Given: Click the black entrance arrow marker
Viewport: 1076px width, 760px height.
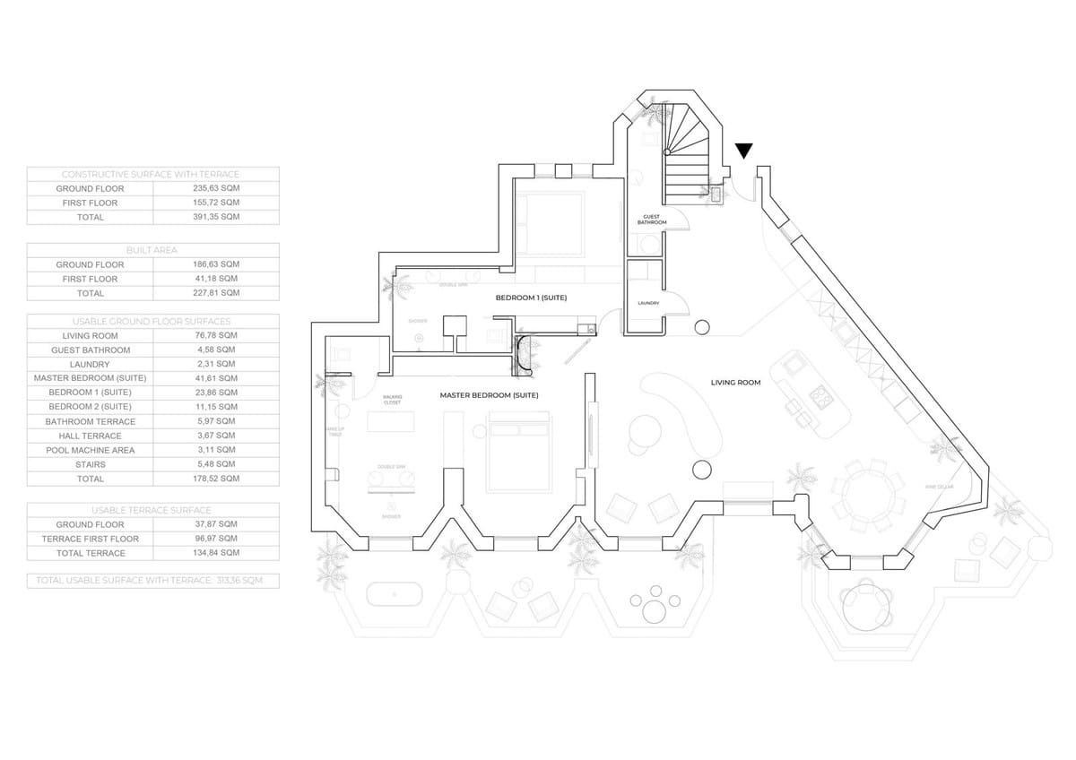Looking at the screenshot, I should click(x=744, y=151).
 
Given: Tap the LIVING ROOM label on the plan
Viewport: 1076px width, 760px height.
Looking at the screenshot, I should click(x=735, y=383).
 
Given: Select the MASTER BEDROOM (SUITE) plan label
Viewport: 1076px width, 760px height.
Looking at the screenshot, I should click(x=489, y=395).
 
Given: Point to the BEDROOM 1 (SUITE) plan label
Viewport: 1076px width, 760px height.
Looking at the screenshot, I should click(x=531, y=297).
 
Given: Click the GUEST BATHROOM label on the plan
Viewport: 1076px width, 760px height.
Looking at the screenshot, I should click(x=652, y=220).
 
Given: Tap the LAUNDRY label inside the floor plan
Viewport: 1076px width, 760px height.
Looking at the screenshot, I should click(x=649, y=303).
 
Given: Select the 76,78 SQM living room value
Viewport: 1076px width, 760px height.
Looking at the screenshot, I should click(x=216, y=335).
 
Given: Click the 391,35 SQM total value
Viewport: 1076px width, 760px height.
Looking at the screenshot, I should click(x=216, y=217).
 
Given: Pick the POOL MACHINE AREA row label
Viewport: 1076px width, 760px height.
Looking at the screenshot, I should click(x=90, y=450).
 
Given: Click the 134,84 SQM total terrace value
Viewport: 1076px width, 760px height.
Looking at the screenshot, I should click(x=216, y=553).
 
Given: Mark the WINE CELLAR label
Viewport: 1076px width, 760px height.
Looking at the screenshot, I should click(x=938, y=487).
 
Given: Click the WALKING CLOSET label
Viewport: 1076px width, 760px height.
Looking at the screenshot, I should click(x=392, y=400).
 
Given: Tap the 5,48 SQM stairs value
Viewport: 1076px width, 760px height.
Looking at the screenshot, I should click(x=216, y=464).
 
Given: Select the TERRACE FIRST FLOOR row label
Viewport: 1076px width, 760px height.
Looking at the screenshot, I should click(x=90, y=539).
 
